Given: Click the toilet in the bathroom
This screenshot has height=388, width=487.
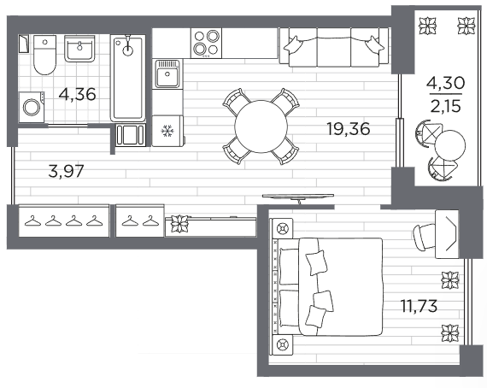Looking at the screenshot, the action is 44,55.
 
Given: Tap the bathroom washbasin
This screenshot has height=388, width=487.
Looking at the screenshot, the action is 79,48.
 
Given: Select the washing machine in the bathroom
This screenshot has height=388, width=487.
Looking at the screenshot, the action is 32,107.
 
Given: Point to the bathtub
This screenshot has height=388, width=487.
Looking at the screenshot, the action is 128,78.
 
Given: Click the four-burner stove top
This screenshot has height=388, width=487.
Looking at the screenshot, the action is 206,43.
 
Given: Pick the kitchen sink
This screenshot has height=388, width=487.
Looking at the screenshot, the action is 167,74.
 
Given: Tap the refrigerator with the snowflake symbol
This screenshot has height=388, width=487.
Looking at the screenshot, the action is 168,131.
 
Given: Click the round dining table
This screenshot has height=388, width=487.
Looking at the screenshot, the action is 261,126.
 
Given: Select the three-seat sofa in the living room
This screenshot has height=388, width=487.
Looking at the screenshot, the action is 334,47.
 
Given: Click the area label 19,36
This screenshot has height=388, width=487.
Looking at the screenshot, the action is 349,128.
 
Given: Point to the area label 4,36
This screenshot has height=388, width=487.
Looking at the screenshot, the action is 78,94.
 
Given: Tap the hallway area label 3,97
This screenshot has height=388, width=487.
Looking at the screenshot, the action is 67,171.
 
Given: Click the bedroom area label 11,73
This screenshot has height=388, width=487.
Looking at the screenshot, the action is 420,306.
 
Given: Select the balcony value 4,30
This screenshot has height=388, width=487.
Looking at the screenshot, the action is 446,83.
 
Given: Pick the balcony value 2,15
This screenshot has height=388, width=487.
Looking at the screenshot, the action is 446,107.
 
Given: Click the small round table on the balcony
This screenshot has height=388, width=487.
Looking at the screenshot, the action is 450,144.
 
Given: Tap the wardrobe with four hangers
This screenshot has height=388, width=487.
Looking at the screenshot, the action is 64,220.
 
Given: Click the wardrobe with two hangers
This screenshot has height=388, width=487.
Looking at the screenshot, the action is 140,220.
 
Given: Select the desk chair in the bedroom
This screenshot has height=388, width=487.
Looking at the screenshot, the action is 425,237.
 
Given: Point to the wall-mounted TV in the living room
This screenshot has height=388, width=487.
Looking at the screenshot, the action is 298,197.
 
